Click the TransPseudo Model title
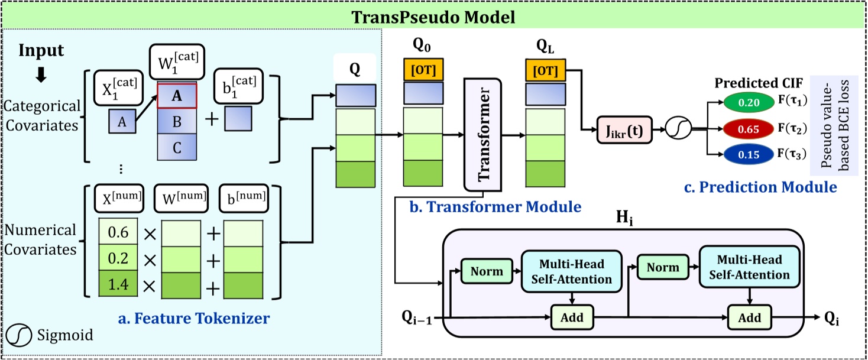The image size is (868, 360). [x=433, y=17]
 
